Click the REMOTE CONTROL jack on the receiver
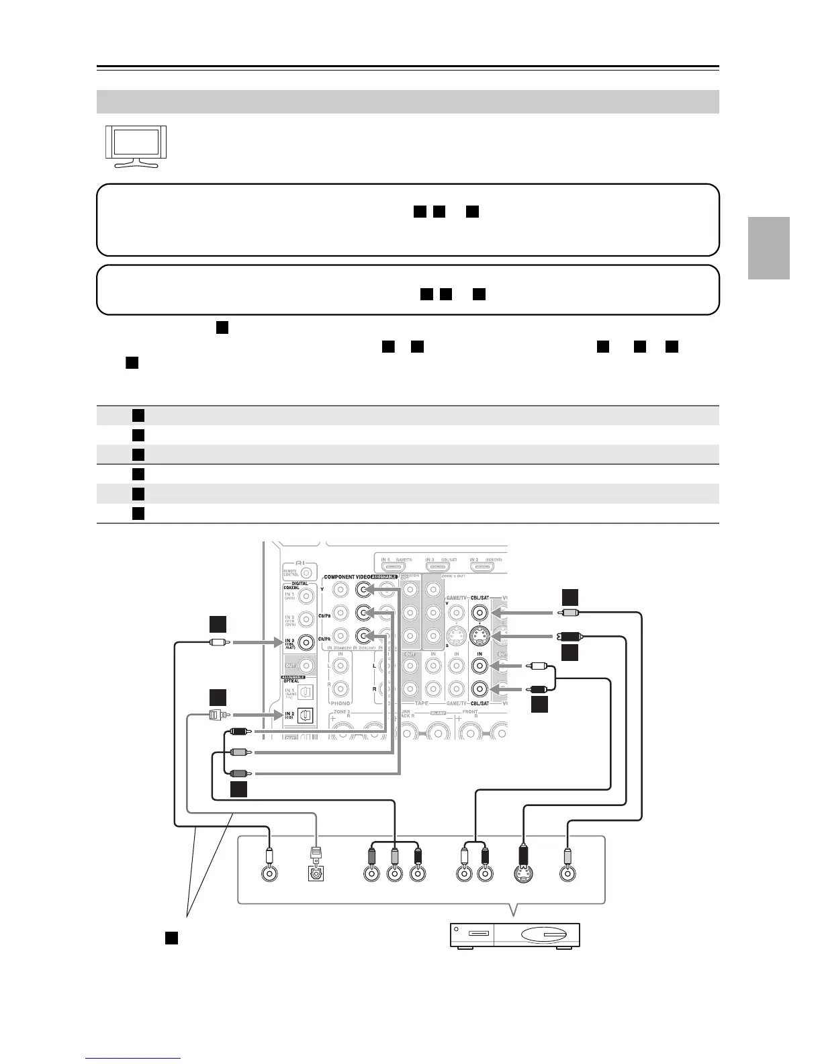click(x=306, y=572)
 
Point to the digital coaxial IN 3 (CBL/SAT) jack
click(x=306, y=642)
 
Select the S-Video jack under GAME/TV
click(x=456, y=635)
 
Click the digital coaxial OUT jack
click(x=306, y=666)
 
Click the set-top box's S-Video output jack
click(x=524, y=874)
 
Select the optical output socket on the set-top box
click(x=315, y=874)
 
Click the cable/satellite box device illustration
click(x=514, y=935)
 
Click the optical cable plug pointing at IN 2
click(x=218, y=715)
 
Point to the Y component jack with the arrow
click(x=364, y=590)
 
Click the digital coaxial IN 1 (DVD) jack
click(x=306, y=594)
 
